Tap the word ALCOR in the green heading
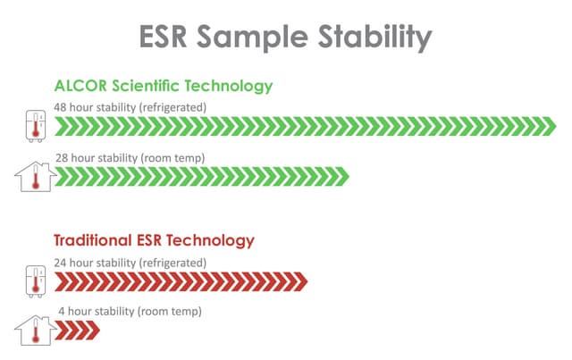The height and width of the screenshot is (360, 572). point(81,87)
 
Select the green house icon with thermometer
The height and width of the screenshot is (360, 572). point(35,177)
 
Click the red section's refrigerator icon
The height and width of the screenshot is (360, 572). point(34,282)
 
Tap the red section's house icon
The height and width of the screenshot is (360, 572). point(35,331)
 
